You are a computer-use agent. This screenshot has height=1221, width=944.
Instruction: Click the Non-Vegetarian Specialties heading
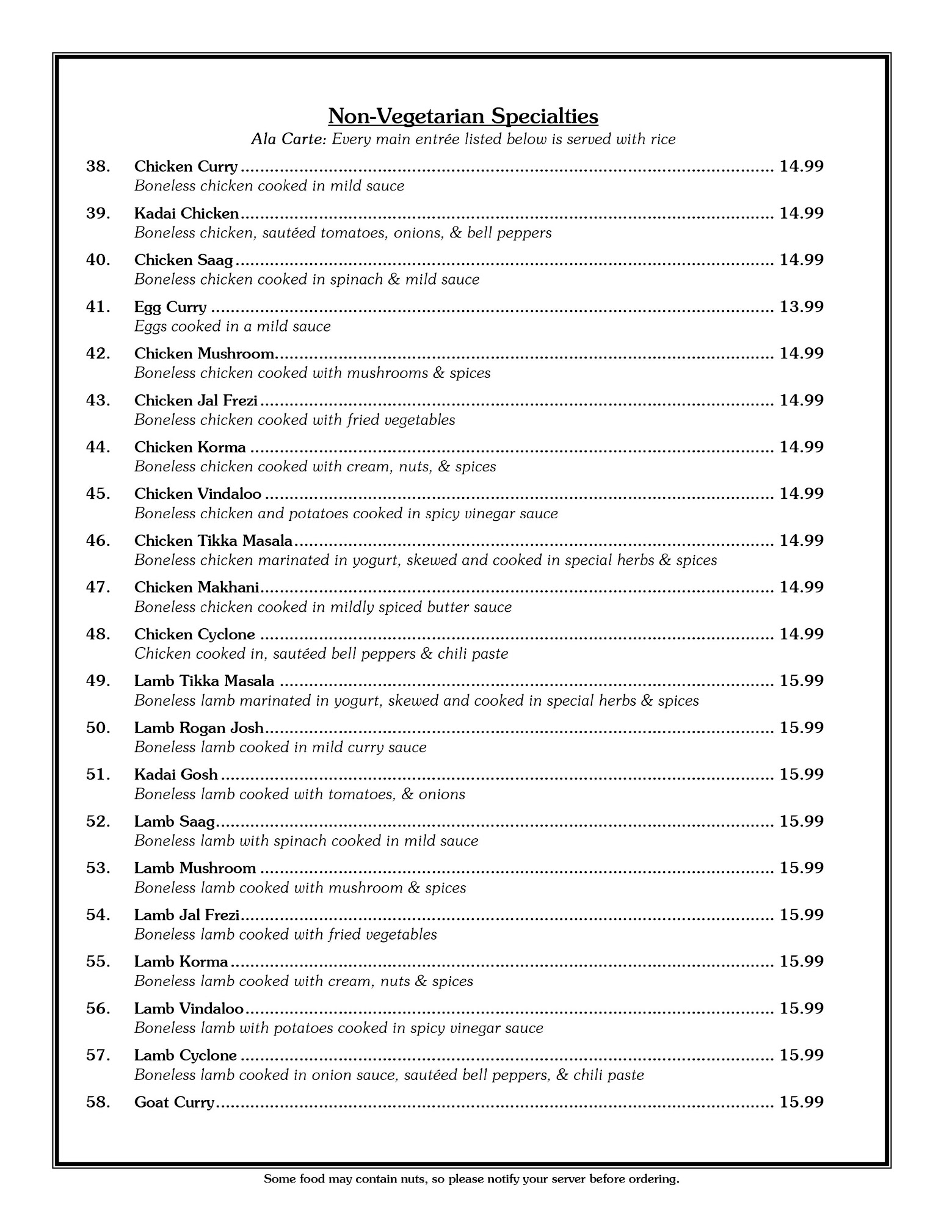463,116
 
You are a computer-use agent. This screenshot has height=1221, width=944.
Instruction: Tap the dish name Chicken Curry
186,167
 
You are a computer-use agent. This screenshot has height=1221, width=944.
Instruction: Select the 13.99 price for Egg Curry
801,306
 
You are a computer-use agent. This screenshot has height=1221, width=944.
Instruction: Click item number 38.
98,167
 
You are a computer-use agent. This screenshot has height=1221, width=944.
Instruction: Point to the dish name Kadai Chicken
186,214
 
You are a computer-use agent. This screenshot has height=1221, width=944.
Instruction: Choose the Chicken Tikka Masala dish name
213,541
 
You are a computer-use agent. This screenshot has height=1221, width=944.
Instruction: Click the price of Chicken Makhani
801,587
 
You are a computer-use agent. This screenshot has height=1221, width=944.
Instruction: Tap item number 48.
98,634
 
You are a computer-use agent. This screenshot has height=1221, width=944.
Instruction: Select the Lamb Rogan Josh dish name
198,728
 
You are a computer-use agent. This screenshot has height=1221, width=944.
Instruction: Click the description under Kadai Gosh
299,794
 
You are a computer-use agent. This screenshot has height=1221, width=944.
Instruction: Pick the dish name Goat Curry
174,1103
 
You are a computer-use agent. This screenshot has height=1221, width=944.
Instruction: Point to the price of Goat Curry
801,1102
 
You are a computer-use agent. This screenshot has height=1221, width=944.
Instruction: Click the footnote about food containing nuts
471,1179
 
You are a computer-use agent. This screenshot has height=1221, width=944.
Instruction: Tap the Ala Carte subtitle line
463,139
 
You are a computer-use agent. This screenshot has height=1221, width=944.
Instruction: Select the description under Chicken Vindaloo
346,513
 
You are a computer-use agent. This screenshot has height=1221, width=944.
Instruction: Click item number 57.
98,1056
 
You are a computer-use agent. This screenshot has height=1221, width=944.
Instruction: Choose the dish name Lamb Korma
181,962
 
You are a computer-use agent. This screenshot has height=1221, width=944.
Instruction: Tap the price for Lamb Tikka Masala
801,681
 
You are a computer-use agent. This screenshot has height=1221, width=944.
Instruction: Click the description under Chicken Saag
307,280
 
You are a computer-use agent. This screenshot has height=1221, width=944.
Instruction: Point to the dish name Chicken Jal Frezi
195,400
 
